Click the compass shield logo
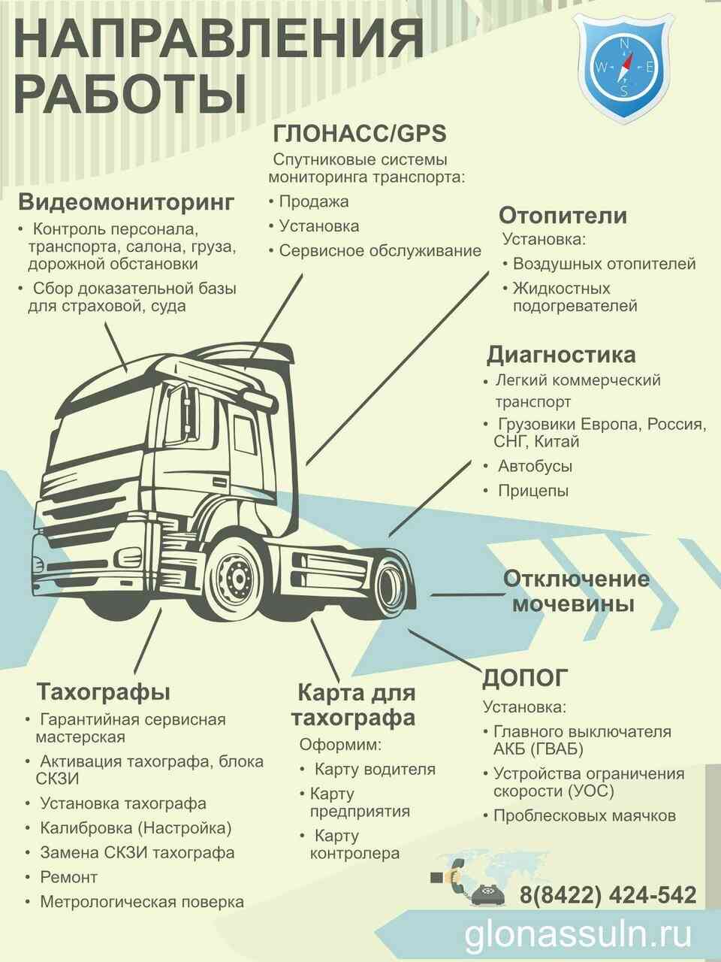[624, 67]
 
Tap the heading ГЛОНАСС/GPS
[360, 133]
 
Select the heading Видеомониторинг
[126, 202]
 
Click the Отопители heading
[563, 216]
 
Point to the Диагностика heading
[561, 354]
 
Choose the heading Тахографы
[104, 691]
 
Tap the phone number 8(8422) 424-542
[608, 894]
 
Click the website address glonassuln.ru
[578, 934]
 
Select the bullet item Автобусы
[535, 466]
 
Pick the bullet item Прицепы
[533, 491]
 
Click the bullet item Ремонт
[69, 877]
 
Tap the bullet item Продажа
[314, 201]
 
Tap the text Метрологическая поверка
[142, 902]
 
